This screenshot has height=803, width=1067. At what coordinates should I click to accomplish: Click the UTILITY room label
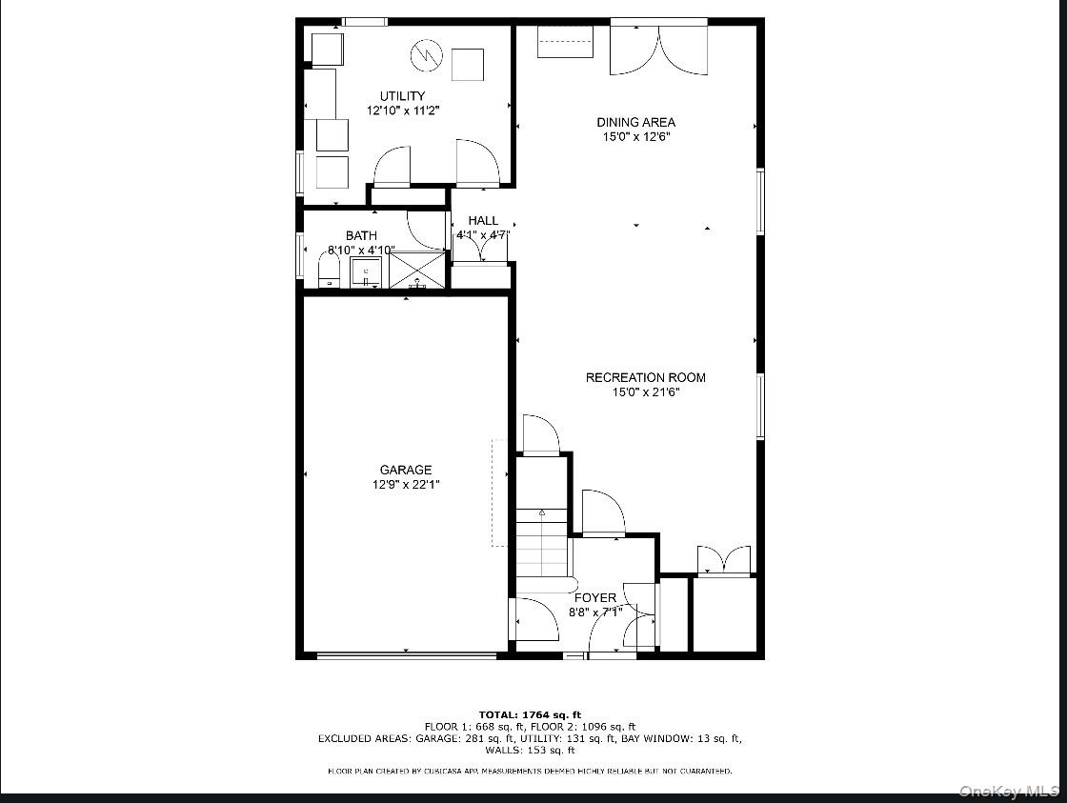(x=402, y=96)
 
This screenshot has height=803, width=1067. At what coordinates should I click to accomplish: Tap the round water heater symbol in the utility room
(x=424, y=55)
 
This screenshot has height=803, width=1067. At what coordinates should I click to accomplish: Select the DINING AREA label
(x=635, y=122)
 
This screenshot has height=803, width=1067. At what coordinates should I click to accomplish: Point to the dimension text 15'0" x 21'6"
(x=645, y=391)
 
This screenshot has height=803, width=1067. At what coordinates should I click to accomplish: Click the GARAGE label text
(x=406, y=470)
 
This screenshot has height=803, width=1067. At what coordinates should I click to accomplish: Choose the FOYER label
(x=594, y=598)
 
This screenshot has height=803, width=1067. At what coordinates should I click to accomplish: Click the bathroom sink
(x=366, y=272)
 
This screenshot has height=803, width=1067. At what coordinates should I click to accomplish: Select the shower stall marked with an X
(x=417, y=270)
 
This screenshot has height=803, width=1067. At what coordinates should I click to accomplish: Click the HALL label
(x=483, y=221)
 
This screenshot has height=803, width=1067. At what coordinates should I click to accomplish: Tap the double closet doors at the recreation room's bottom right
(x=724, y=561)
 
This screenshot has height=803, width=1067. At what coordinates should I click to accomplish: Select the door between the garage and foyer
(x=534, y=619)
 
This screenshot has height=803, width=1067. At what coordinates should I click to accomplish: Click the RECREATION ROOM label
(x=645, y=377)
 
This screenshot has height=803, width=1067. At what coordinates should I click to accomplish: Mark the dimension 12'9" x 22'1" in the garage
(x=406, y=484)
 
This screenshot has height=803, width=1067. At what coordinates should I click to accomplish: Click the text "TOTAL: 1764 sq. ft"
(x=529, y=714)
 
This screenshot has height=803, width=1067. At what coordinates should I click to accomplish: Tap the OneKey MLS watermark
(x=1009, y=791)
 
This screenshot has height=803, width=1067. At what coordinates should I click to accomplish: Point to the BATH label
(x=361, y=235)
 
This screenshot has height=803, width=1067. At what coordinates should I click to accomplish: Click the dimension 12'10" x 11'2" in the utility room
(x=402, y=110)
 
